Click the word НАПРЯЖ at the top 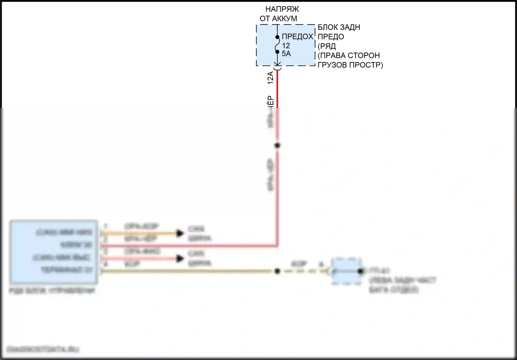pos(282,9)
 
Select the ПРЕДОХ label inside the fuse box pos(297,37)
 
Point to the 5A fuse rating pos(286,54)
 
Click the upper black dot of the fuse pos(277,37)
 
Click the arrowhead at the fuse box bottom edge pos(277,64)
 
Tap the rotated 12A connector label pos(271,78)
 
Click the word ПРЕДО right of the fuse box pos(331,37)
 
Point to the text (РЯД pos(327,46)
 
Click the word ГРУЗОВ pos(333,65)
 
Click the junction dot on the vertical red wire pos(277,146)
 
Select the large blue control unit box pos(54,252)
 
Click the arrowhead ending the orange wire pos(180,233)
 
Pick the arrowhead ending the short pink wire pos(180,258)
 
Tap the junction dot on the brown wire pos(277,271)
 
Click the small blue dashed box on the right pos(346,271)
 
